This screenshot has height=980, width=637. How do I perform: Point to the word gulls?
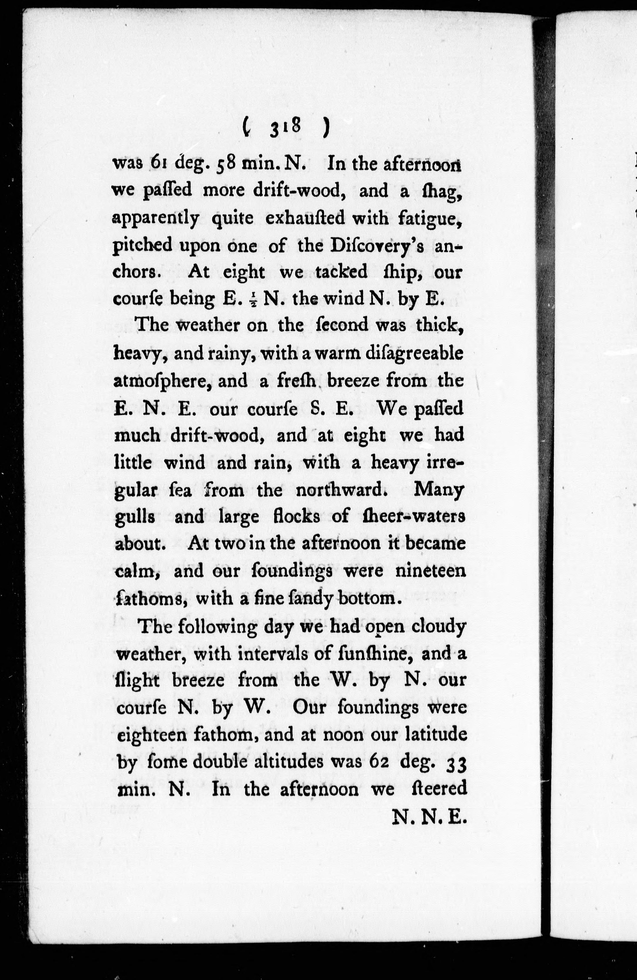[x=134, y=517]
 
